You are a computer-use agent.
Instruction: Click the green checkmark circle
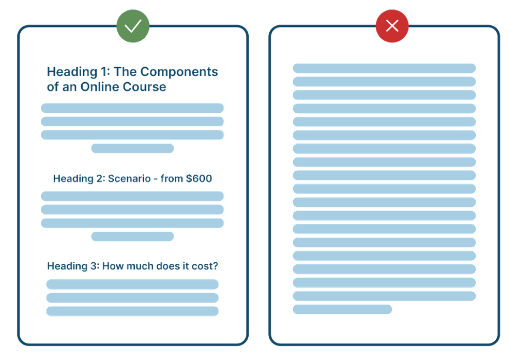(133, 26)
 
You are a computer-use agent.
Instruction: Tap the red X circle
(392, 26)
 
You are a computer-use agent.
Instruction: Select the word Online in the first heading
(100, 87)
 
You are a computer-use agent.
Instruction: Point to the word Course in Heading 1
(144, 87)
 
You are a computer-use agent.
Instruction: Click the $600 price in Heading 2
(199, 178)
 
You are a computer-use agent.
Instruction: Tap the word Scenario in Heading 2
(129, 178)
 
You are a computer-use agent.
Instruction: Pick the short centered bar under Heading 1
(132, 148)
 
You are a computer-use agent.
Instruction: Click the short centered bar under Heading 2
(132, 236)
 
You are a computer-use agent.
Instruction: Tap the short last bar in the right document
(343, 309)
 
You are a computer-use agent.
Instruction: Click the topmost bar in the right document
(385, 68)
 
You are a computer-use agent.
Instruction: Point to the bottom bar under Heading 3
(132, 311)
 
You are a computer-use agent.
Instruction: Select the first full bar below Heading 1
(132, 108)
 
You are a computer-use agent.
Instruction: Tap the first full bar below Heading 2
(132, 196)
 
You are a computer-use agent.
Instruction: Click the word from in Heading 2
(172, 178)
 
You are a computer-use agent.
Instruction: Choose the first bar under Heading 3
(132, 284)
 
